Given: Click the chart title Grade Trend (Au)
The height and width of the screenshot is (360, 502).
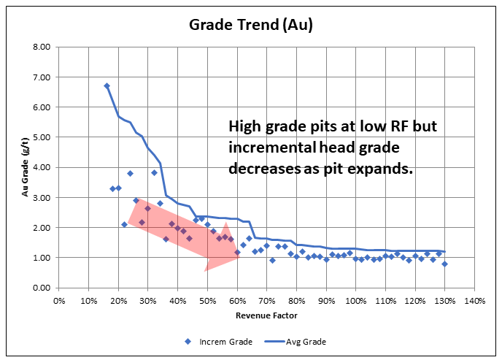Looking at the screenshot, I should (250, 25).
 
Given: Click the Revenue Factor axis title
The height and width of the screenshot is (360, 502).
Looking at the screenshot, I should (266, 316).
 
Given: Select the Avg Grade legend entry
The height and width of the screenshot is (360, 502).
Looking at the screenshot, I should (300, 341).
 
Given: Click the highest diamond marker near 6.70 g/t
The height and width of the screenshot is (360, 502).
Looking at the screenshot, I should (107, 86).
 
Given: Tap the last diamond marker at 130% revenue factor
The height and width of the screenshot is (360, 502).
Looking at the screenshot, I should (444, 264).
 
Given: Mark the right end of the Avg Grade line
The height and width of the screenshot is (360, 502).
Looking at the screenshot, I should (444, 252).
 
